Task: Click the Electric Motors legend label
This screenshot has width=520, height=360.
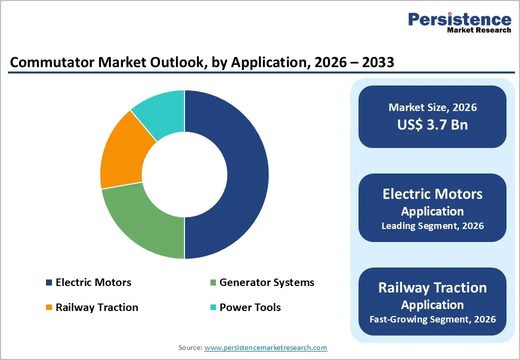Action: tap(93, 282)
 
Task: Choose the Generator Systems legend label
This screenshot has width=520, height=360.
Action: tap(266, 282)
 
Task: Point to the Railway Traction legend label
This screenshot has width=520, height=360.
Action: tap(97, 307)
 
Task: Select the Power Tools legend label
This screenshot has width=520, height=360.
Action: tap(250, 307)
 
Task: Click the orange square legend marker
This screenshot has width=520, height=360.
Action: tap(49, 307)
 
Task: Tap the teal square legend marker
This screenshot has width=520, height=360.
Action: tap(213, 307)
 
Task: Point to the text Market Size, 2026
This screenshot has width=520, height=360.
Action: tap(432, 107)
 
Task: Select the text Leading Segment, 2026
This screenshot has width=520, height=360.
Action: tap(432, 226)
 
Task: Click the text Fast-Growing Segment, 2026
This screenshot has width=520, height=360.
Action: tap(432, 319)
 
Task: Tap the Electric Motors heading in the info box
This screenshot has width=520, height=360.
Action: tap(432, 194)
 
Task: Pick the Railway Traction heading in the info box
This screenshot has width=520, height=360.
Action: tap(432, 288)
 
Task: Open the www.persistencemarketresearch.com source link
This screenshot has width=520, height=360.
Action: tap(266, 347)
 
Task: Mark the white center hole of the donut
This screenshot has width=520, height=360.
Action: tap(184, 174)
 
